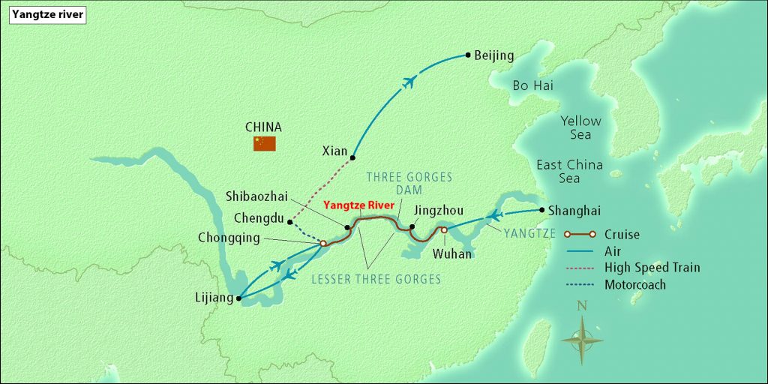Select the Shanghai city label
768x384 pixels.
(574, 211)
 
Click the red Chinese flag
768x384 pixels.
(264, 143)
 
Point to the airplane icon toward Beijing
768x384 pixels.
(409, 82)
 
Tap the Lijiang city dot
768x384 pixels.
(238, 298)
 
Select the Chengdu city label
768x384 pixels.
(257, 220)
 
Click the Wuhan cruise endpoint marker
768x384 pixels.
(444, 230)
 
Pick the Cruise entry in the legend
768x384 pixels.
(622, 235)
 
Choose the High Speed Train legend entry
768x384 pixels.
(652, 268)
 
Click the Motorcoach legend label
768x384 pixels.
(634, 284)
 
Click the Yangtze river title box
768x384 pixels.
(47, 13)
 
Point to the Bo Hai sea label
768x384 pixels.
(532, 85)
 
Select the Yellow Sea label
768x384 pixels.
(580, 127)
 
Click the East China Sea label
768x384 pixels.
(568, 172)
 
